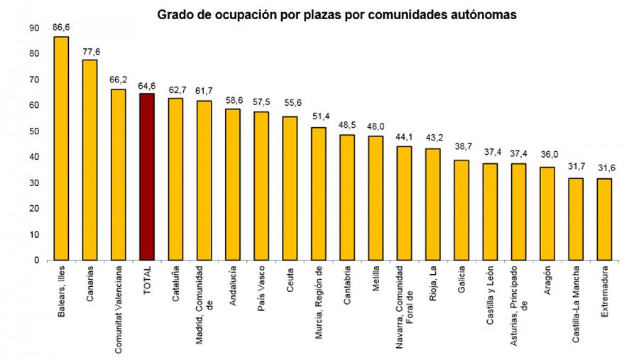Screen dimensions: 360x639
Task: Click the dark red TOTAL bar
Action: [x=147, y=177]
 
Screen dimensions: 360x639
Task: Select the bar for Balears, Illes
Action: [x=61, y=148]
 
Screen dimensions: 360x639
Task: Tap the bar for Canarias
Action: [x=89, y=160]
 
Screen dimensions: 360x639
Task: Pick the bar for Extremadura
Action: [x=604, y=219]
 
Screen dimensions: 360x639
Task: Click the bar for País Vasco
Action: [x=261, y=186]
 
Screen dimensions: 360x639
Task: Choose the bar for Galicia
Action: [x=461, y=210]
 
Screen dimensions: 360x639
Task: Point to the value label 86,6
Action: [x=61, y=27]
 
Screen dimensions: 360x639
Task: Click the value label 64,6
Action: [x=147, y=84]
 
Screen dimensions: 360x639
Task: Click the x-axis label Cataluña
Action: [x=175, y=285]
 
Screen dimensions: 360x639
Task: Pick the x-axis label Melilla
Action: [x=376, y=280]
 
